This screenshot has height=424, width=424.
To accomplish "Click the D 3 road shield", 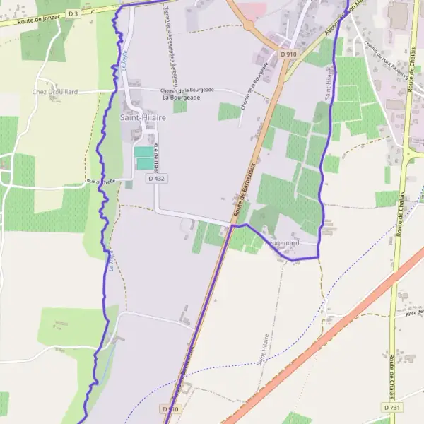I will point(73,13).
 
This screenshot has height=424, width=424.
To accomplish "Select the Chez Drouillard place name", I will point(54,92).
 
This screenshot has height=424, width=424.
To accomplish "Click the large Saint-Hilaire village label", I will point(142,117).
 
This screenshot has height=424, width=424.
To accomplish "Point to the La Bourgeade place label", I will point(181,98).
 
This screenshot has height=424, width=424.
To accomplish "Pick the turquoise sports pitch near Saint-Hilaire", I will point(144,158).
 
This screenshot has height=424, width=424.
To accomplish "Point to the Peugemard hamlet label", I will point(282,243).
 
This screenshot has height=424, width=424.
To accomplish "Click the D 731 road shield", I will point(393,408).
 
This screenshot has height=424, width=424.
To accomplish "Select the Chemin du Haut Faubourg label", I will point(386,59).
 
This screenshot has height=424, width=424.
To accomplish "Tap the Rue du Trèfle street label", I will point(100,182).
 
